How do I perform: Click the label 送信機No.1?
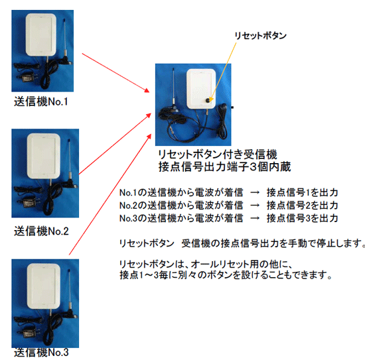pos(41,102)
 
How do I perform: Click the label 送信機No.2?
pos(41,231)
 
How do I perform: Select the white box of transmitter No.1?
pos(41,36)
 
